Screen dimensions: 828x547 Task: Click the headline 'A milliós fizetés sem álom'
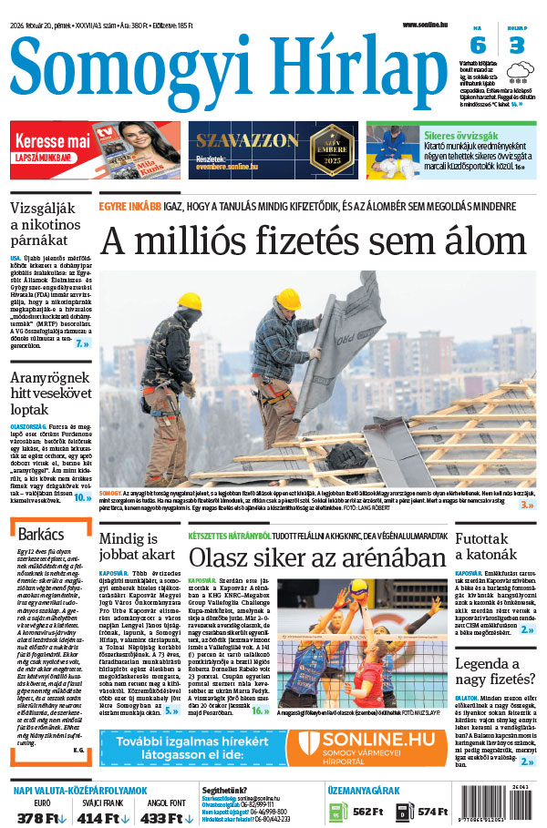click(x=317, y=241)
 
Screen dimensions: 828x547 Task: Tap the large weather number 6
click(x=478, y=46)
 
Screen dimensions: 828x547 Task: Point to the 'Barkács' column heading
click(x=42, y=533)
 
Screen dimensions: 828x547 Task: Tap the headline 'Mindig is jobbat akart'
click(x=138, y=545)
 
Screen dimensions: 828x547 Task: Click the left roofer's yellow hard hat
click(x=189, y=300)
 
